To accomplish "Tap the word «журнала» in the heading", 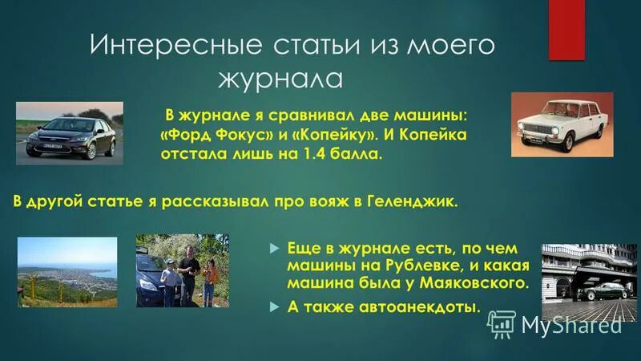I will coord(280,79).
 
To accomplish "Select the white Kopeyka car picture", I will coord(562,124).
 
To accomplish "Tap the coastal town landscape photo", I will coord(67,271).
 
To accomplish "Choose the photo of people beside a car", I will coord(182,270).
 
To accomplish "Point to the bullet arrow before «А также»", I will coord(273,306).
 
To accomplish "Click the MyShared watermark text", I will coord(571,324).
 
